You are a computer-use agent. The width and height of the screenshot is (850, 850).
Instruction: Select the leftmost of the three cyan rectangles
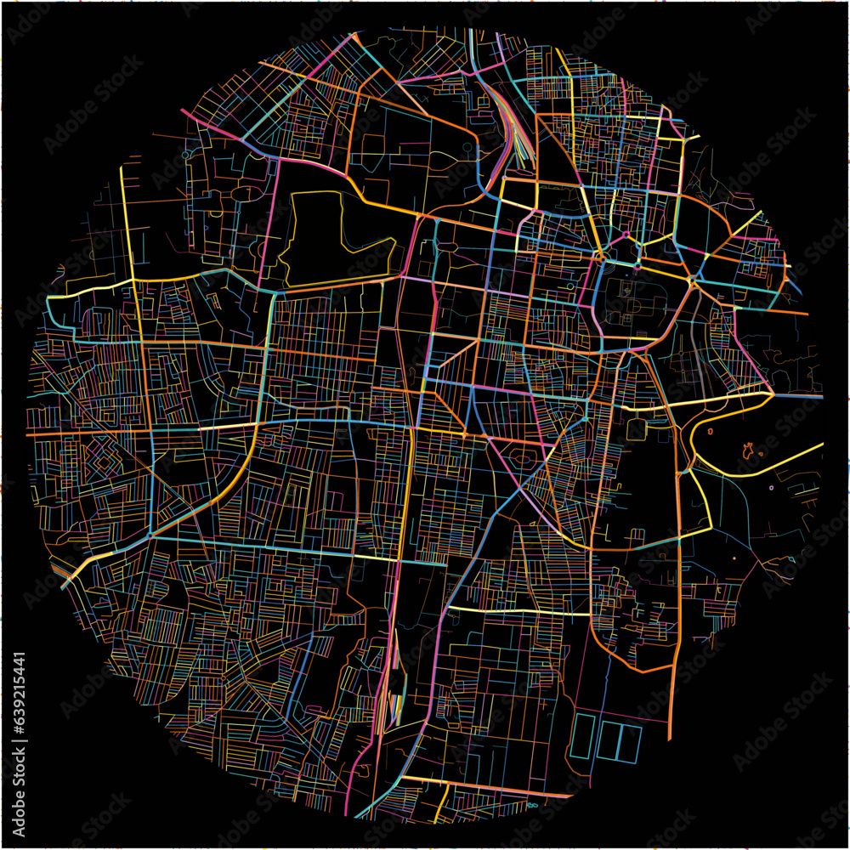582,736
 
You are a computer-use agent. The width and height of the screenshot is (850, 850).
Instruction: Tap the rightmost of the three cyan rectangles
631,741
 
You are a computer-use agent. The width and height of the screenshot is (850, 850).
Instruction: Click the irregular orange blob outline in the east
749,450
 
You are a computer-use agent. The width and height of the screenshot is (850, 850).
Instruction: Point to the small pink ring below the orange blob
771,488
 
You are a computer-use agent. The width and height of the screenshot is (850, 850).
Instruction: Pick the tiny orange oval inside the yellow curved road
711,431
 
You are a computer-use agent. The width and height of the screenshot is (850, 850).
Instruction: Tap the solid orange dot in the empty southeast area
734,558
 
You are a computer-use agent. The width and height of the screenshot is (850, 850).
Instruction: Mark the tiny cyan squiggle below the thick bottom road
533,804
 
